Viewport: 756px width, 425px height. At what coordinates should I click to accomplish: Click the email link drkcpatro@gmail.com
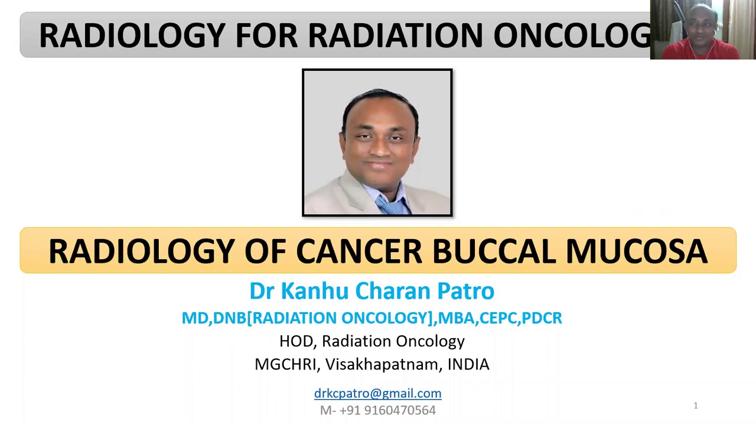click(x=377, y=393)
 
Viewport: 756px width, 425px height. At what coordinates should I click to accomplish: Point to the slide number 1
click(x=695, y=406)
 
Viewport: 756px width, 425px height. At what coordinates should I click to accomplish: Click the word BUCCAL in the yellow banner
click(x=494, y=251)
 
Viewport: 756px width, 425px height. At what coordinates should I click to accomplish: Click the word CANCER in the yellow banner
click(x=359, y=251)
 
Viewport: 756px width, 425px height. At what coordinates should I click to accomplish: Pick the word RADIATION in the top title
click(x=395, y=35)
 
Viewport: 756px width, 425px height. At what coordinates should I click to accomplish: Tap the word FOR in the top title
click(x=266, y=35)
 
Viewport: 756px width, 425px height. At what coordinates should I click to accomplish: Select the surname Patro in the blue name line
click(x=465, y=291)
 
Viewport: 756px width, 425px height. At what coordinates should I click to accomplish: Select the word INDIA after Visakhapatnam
click(x=468, y=364)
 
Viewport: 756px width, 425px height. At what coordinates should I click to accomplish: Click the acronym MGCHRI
click(x=285, y=364)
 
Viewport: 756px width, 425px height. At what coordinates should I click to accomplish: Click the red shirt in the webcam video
click(x=703, y=51)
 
